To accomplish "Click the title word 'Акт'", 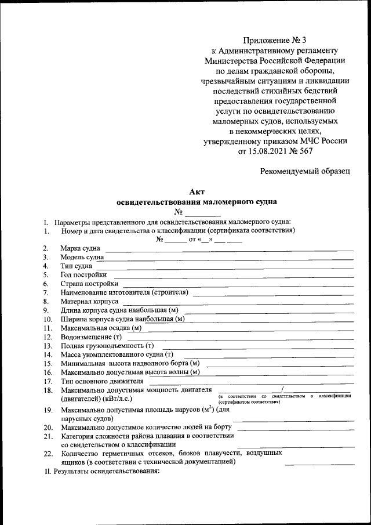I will click(197, 192).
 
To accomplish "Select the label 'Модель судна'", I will click(82, 257).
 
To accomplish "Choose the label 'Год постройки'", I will click(84, 274).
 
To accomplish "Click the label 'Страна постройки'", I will click(90, 284).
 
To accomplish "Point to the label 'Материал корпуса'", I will click(90, 302).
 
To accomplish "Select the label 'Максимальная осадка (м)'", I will click(101, 328).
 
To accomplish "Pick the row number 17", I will click(48, 381).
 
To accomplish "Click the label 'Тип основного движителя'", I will click(102, 381).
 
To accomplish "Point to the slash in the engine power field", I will click(282, 388).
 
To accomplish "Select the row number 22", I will click(48, 453).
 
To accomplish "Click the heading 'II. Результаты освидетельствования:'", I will click(102, 472).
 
